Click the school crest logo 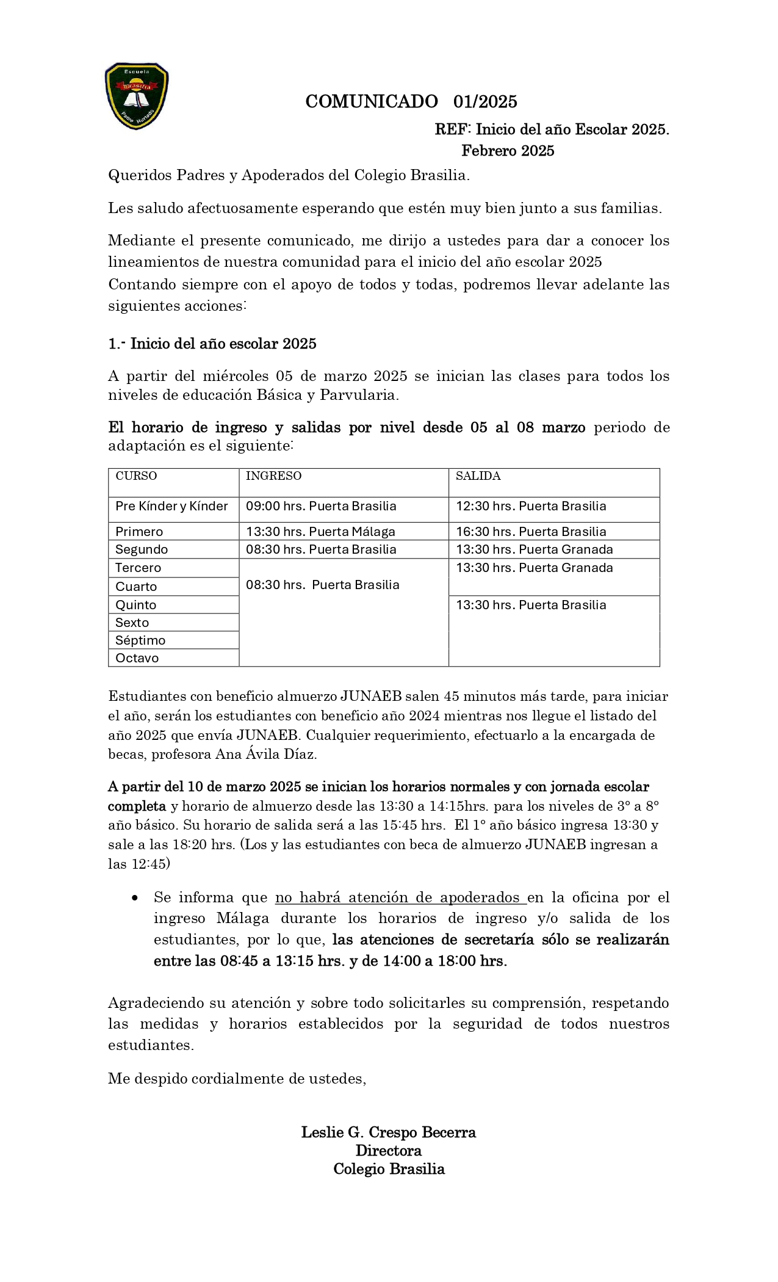click(x=137, y=96)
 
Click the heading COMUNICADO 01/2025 click(x=411, y=101)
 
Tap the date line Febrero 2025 click(x=507, y=151)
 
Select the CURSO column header click(x=136, y=476)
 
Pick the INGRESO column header click(x=273, y=476)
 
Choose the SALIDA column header click(x=478, y=476)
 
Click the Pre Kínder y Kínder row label click(x=171, y=506)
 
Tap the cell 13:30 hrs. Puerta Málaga click(x=320, y=532)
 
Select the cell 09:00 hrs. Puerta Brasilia click(x=321, y=506)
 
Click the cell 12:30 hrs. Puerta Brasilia click(x=531, y=506)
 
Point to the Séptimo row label click(x=140, y=640)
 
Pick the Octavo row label click(x=137, y=658)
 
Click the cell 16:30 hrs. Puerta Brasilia click(x=531, y=532)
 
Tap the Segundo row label click(x=142, y=549)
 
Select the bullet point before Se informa click(x=135, y=898)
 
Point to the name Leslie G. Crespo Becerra click(x=388, y=1132)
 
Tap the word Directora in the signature click(x=388, y=1151)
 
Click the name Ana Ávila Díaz click(x=266, y=754)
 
